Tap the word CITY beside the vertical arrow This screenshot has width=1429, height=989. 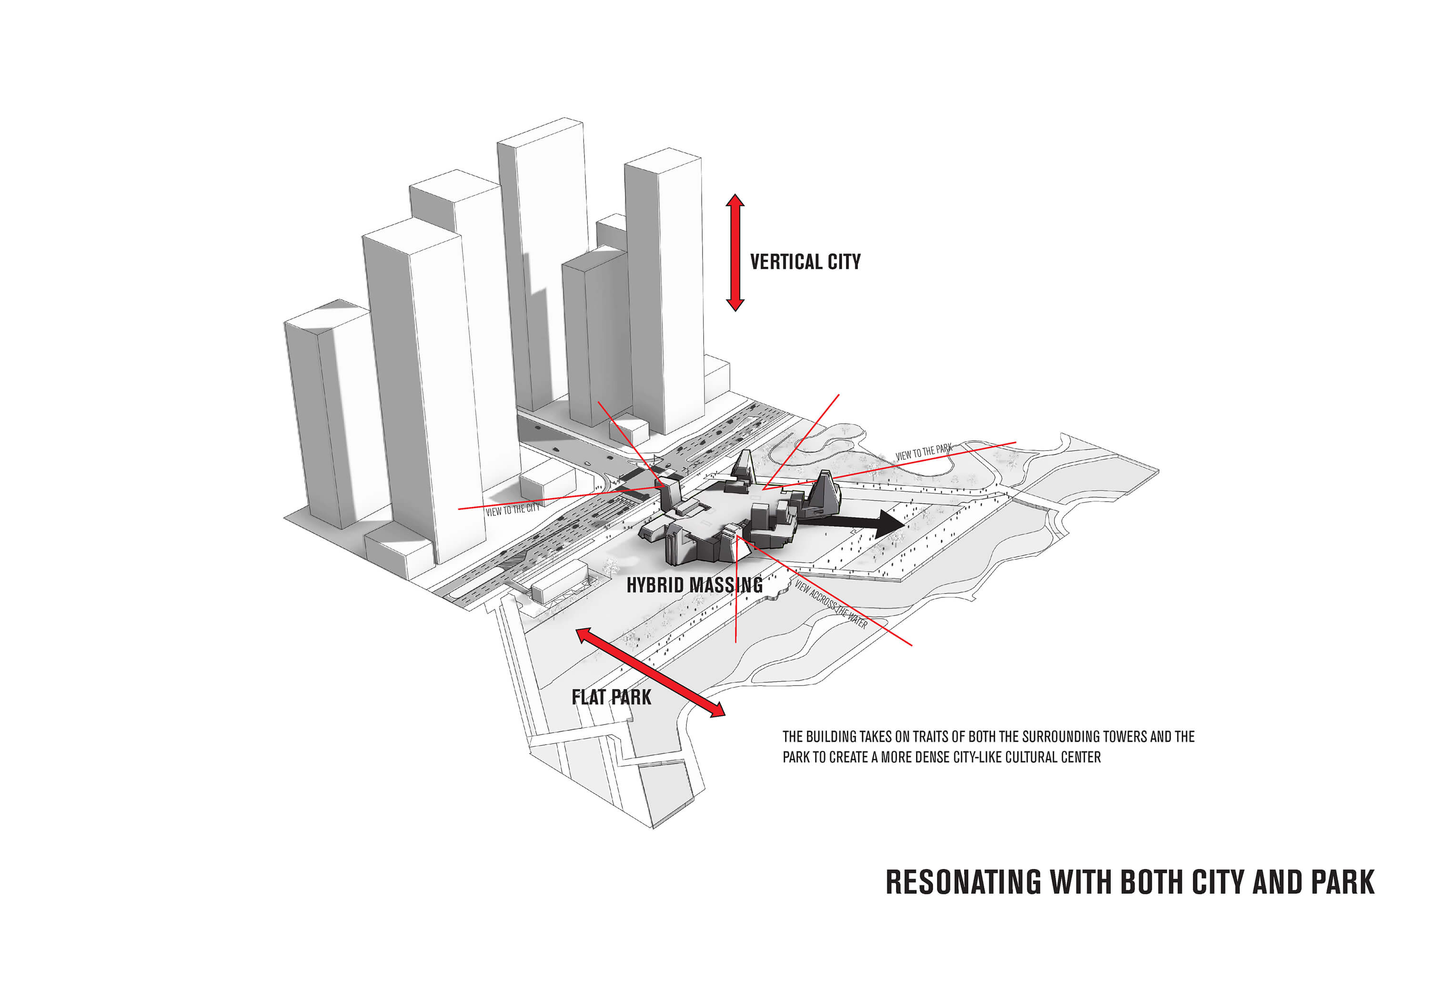844,262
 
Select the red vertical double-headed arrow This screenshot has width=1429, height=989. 735,252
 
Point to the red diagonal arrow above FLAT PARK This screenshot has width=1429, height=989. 650,672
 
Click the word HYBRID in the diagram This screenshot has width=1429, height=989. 655,585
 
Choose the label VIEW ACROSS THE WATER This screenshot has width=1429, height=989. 831,604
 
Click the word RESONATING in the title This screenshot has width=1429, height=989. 963,882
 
